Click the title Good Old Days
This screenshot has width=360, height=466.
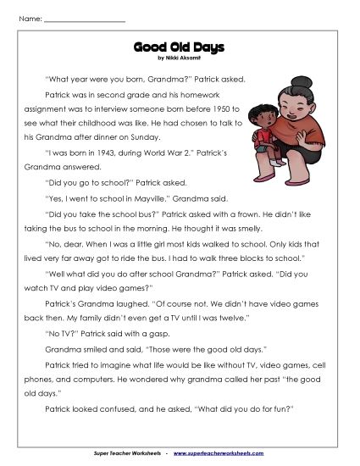tap(180, 48)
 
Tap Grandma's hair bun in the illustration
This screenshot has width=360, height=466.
tap(303, 82)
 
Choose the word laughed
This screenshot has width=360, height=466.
tap(114, 302)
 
